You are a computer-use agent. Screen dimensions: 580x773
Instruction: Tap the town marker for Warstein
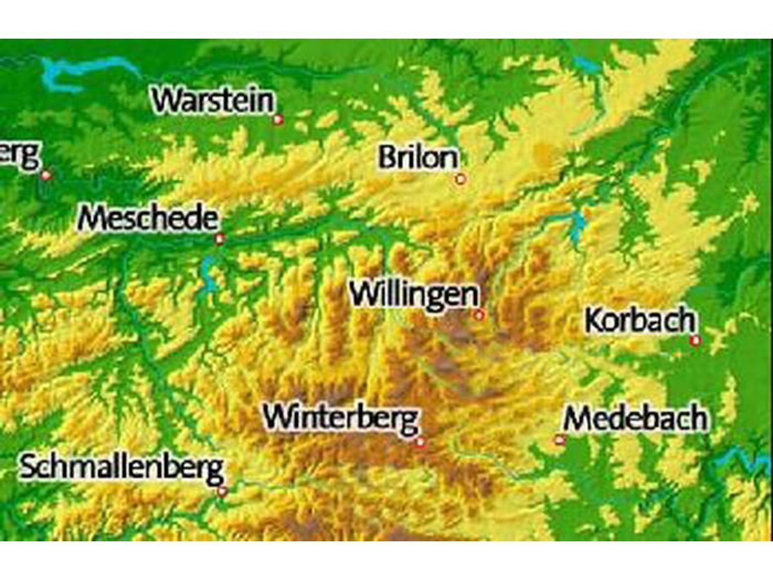pos(278,119)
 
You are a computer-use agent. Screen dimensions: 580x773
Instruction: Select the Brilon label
pos(419,158)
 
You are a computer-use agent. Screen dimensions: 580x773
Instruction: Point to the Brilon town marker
pos(461,179)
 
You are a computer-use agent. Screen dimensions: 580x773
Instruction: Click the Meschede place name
pos(148,219)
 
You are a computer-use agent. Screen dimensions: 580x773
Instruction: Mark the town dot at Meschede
pos(220,239)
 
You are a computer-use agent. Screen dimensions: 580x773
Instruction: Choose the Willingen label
pos(414,295)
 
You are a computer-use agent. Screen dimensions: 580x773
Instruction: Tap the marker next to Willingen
pos(479,314)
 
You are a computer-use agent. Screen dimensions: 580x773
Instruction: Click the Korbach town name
pos(640,320)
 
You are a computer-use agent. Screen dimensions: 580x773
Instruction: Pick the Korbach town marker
pos(695,340)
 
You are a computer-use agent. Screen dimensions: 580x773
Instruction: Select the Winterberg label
pos(341,418)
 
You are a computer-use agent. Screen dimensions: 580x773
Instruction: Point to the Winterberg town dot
pos(421,441)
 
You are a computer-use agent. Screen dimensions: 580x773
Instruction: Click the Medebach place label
pos(635,420)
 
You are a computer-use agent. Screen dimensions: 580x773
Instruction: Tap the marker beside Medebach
pos(559,440)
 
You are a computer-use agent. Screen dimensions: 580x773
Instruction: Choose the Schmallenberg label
pos(122,467)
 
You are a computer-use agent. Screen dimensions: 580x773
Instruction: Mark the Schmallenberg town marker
pos(222,491)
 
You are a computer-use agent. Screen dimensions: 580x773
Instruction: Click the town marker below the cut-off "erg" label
pos(46,175)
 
